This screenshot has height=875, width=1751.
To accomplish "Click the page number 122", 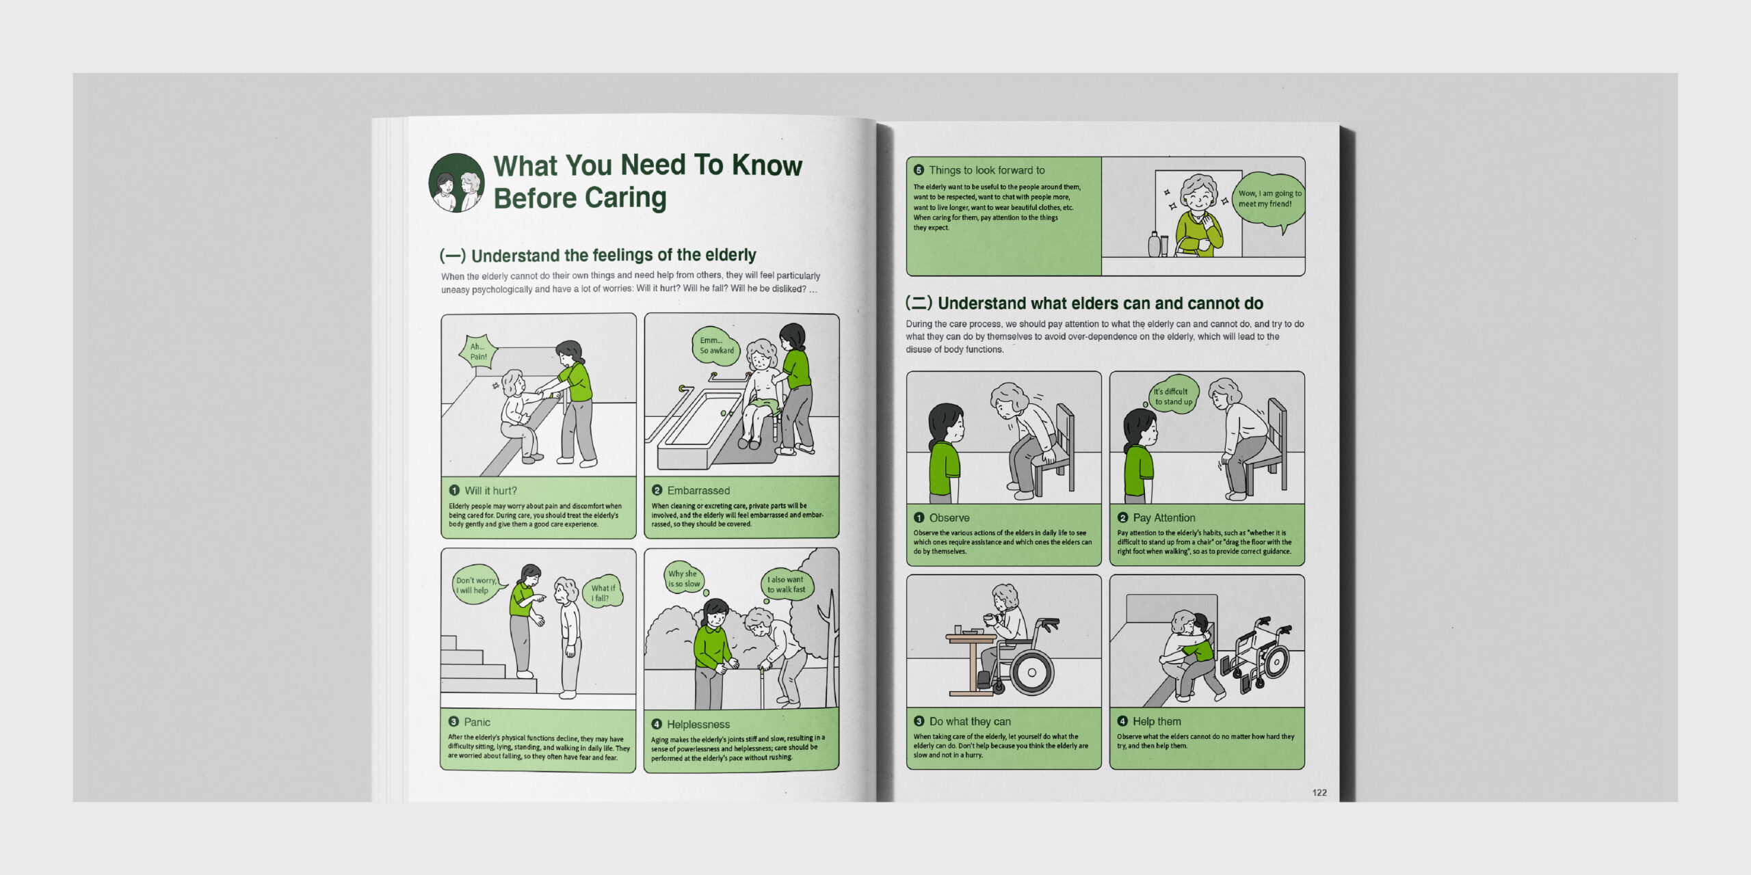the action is coord(1319,792).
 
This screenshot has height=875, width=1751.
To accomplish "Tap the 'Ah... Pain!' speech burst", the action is coord(478,351).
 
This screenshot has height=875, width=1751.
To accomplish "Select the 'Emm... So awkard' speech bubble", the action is coord(715,345).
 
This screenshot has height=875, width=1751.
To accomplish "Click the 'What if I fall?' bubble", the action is coord(602,592).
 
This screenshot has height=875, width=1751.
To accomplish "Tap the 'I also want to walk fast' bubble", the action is coord(787,584).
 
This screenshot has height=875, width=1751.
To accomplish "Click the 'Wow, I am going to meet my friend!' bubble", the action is coord(1270,200).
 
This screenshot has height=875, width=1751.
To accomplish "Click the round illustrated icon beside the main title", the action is coord(456,183).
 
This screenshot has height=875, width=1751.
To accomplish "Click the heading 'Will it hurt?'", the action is coord(490,491).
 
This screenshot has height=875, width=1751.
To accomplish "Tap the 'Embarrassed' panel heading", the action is coord(698,490).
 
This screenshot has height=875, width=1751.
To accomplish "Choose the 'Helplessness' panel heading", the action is coord(698,724).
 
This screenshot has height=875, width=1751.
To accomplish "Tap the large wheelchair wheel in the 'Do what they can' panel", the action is coord(1031,671).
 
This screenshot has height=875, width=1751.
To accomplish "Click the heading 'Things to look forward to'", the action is coord(986,170).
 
